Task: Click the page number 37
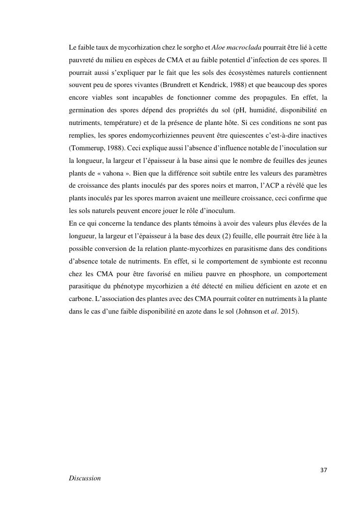324,470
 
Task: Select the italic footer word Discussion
85,478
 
